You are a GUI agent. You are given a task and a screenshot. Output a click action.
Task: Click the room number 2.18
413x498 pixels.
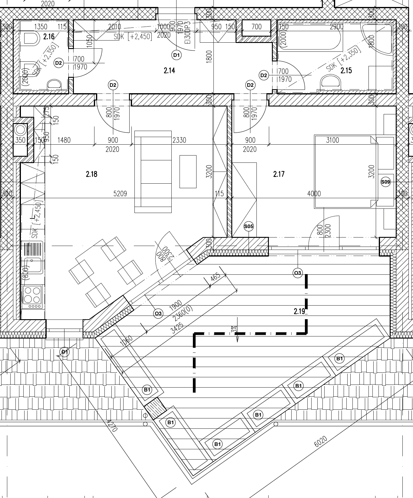click(x=91, y=174)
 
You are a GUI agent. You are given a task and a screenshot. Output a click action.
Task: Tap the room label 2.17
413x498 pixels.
click(x=279, y=174)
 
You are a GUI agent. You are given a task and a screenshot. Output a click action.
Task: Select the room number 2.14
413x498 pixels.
click(x=169, y=71)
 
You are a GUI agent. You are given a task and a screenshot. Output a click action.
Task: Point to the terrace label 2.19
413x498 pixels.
click(x=299, y=311)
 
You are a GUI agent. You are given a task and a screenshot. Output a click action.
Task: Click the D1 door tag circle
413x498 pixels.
click(x=176, y=55)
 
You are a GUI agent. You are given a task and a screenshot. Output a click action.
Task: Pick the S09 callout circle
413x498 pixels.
click(x=385, y=182)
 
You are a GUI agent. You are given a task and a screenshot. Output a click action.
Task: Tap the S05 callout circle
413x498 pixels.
click(x=249, y=226)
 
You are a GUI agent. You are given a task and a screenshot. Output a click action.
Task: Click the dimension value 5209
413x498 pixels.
click(x=120, y=194)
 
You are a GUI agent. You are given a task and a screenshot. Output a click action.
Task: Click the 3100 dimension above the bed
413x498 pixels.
click(x=332, y=140)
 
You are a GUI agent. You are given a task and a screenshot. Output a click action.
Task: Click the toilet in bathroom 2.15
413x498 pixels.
click(x=330, y=81)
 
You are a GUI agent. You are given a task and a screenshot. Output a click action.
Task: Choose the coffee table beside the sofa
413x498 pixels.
click(x=188, y=171)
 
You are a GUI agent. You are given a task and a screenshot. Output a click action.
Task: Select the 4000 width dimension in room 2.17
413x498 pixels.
click(x=314, y=194)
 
